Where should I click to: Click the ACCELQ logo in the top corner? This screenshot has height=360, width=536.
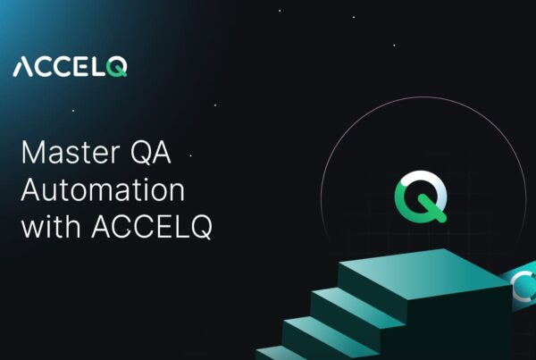70,67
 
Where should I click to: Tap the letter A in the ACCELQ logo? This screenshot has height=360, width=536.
23,68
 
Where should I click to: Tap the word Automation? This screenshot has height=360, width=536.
103,190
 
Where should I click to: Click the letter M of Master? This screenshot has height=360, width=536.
34,154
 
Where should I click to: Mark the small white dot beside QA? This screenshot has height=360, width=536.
190,155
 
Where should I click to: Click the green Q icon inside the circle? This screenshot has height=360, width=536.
418,197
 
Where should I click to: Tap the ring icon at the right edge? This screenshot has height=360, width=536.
524,286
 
